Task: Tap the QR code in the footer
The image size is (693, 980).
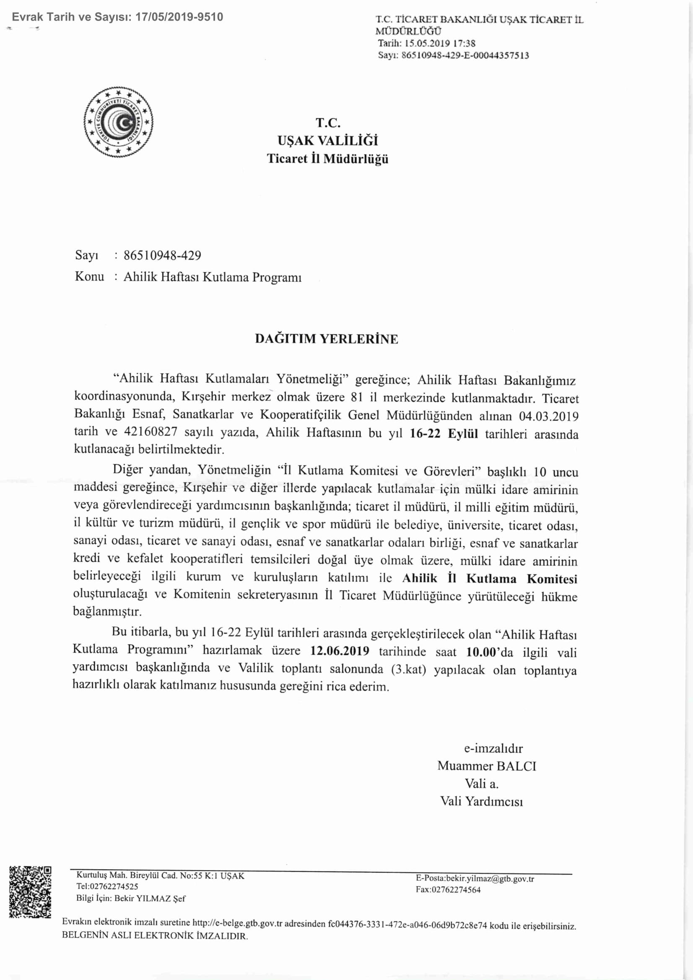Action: click(30, 891)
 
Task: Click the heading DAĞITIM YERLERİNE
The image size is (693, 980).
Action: click(327, 339)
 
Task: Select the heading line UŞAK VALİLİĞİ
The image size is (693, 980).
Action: click(328, 140)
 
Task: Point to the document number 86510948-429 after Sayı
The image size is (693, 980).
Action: click(162, 255)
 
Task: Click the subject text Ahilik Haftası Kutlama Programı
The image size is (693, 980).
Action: click(213, 277)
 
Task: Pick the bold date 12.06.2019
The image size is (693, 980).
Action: click(340, 651)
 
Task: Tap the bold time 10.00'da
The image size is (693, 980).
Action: click(489, 652)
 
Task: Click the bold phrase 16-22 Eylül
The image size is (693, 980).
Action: click(444, 434)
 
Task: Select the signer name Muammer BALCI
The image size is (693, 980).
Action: click(486, 766)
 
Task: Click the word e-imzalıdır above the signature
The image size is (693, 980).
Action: click(493, 748)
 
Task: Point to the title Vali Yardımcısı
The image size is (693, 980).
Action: click(481, 801)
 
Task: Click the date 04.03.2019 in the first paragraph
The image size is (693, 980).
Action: click(548, 416)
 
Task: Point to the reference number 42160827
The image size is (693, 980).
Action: click(151, 432)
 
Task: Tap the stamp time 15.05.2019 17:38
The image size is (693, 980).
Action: click(440, 43)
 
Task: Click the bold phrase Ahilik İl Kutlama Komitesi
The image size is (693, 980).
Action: click(489, 579)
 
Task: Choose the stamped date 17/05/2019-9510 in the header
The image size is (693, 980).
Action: click(179, 17)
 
